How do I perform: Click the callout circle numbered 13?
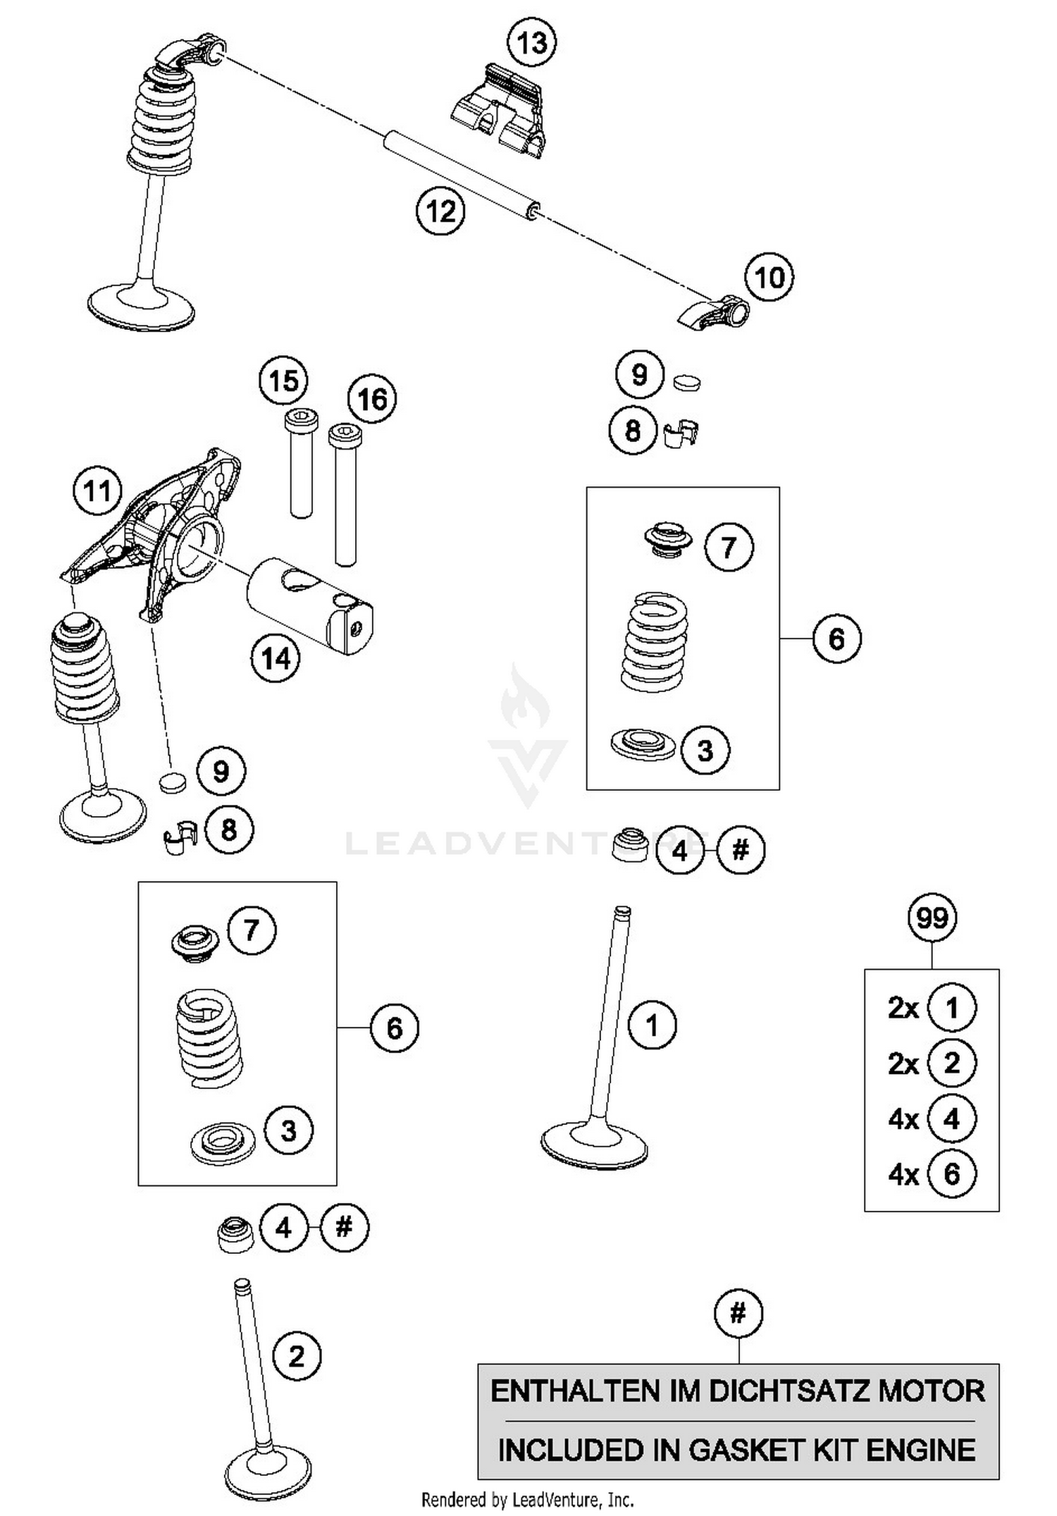532,43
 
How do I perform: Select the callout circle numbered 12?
441,211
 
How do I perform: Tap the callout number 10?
769,278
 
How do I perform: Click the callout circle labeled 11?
98,491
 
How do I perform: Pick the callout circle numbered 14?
276,659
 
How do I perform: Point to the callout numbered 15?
283,381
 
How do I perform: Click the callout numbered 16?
372,400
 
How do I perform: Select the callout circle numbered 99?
932,918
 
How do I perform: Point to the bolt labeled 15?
301,465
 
